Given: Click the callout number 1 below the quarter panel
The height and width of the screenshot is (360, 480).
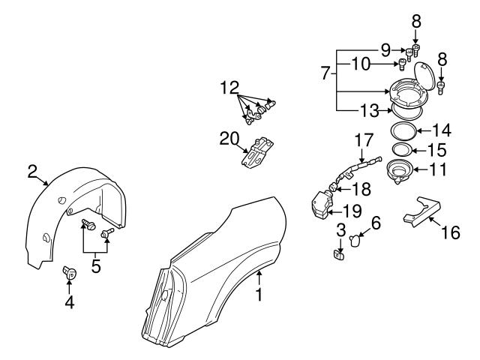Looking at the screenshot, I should pyautogui.click(x=259, y=295).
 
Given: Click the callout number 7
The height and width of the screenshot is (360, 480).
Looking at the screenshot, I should pyautogui.click(x=325, y=74).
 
